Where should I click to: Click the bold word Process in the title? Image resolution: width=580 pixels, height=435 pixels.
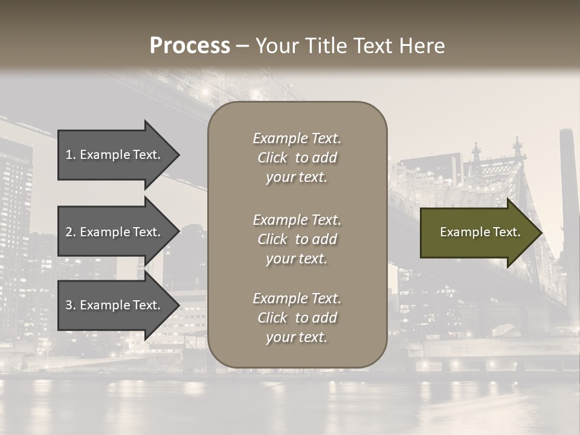190,46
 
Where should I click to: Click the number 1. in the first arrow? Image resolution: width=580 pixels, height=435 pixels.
71,155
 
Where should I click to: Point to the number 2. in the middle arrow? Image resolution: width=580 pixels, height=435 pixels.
71,232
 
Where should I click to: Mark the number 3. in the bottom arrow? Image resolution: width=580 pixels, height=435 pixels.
71,305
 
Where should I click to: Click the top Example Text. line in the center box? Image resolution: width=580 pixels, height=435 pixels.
297,138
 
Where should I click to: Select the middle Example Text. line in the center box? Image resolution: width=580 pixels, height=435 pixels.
297,220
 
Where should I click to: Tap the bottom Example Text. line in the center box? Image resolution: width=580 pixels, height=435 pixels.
297,298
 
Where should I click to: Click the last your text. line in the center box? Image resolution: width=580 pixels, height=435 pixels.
297,337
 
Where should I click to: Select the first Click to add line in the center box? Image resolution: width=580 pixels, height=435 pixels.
297,158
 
